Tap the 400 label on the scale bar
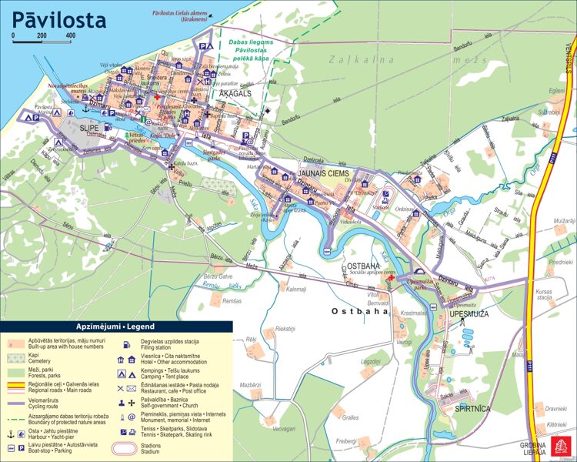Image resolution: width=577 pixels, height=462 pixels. [70, 36]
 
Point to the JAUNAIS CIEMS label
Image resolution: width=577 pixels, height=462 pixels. [323, 174]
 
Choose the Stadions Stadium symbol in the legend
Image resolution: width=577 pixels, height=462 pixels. [128, 448]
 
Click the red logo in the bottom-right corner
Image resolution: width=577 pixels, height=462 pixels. [559, 447]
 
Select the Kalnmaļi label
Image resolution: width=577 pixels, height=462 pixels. [296, 290]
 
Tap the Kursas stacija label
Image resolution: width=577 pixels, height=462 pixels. [545, 295]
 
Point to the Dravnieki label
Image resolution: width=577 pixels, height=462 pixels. [556, 409]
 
